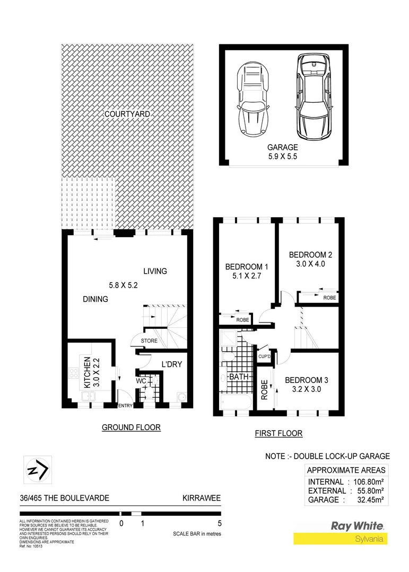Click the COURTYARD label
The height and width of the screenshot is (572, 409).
127,114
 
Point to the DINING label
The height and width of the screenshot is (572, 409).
95,299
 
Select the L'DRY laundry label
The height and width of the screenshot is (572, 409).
172,364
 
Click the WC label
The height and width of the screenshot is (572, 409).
142,381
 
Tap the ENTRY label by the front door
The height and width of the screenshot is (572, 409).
125,406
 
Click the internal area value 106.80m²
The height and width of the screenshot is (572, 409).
369,482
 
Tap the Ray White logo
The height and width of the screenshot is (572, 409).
358,526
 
